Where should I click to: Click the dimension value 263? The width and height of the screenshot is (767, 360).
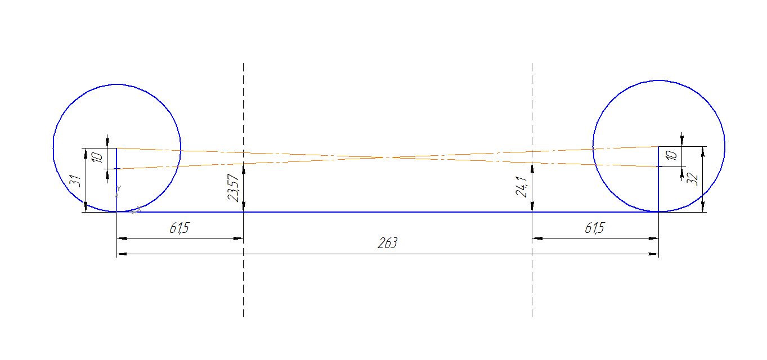387,243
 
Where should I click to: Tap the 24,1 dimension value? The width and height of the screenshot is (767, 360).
521,187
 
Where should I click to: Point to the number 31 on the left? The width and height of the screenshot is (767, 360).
75,181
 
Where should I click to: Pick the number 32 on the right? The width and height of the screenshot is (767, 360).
692,179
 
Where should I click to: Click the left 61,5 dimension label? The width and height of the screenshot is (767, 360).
180,228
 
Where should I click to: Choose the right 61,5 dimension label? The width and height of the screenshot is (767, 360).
595,228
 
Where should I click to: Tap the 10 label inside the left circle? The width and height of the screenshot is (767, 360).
97,157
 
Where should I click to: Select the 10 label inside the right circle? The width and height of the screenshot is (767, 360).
672,156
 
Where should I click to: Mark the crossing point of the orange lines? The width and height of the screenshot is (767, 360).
387,157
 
